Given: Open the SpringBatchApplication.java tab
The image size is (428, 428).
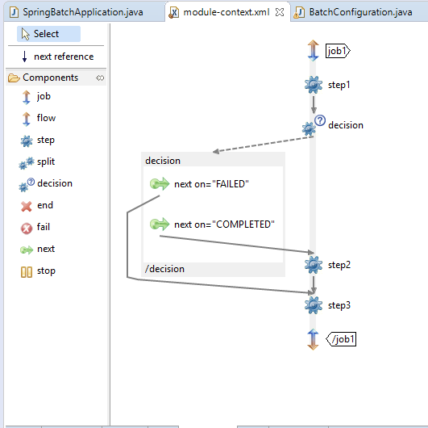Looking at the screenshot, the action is click(77, 12).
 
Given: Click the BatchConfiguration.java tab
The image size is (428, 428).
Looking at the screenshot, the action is click(354, 12).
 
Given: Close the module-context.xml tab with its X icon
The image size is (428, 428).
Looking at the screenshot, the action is click(280, 12).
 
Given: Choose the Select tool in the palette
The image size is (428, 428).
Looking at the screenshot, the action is click(48, 34).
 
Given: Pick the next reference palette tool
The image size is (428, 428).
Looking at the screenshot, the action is click(57, 57).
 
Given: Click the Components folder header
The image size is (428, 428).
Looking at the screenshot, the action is click(50, 78).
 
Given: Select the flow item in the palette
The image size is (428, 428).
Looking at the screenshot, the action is click(38, 119).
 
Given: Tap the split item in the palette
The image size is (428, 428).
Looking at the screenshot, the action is click(37, 162).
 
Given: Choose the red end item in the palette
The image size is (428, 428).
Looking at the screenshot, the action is click(37, 206).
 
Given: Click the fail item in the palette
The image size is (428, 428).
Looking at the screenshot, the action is click(35, 228).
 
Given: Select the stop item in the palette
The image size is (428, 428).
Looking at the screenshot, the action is click(38, 271).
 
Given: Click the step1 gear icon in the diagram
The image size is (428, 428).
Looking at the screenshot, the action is click(314, 85).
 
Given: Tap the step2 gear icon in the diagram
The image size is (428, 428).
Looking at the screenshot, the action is click(314, 265).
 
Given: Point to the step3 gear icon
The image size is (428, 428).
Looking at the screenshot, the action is click(314, 305).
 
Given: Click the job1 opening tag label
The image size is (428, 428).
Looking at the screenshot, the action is click(338, 51).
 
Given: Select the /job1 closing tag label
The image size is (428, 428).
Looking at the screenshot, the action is click(341, 339).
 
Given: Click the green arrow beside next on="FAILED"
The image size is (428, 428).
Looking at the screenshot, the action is click(160, 183).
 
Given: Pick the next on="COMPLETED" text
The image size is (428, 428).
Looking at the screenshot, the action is click(224, 224).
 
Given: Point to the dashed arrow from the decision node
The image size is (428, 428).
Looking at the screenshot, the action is click(263, 144).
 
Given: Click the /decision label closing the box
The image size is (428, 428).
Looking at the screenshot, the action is click(164, 269).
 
